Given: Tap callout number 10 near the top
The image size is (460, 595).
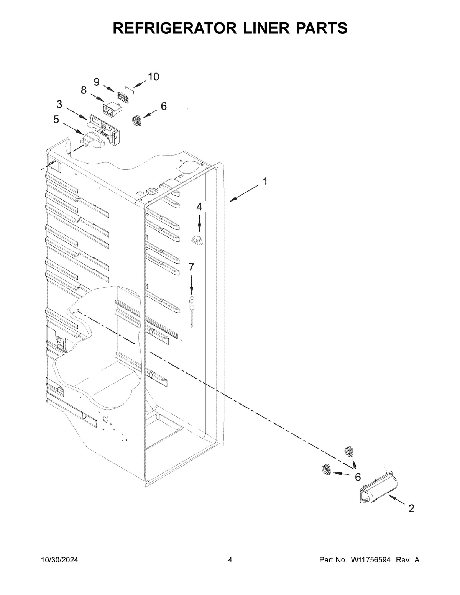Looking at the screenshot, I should click(x=153, y=77).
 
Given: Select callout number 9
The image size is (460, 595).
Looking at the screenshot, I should click(x=96, y=82).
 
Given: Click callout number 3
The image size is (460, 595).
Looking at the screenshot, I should click(x=59, y=104).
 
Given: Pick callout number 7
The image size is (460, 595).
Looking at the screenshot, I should click(x=191, y=267).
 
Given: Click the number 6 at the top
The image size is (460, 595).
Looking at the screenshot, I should click(x=164, y=106).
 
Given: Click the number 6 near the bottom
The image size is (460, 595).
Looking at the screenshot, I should click(x=358, y=477).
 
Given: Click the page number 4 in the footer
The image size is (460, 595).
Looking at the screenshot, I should click(x=230, y=560).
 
